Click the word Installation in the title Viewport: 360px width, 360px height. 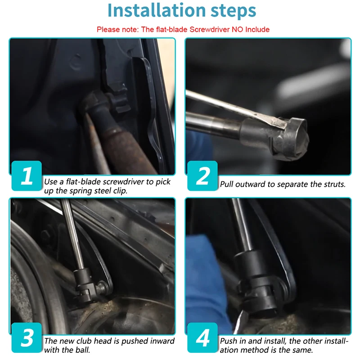pyautogui.click(x=156, y=10)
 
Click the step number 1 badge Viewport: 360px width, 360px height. pyautogui.click(x=27, y=175)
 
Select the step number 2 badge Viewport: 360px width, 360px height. pyautogui.click(x=202, y=175)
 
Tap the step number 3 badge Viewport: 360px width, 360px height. pyautogui.click(x=27, y=337)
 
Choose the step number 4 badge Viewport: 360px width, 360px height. pyautogui.click(x=202, y=337)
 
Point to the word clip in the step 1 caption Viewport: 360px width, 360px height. pyautogui.click(x=120, y=191)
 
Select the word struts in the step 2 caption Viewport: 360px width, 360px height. pyautogui.click(x=334, y=184)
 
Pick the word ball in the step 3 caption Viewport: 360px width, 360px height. pyautogui.click(x=83, y=350)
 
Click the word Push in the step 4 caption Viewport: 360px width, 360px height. pyautogui.click(x=229, y=341)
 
